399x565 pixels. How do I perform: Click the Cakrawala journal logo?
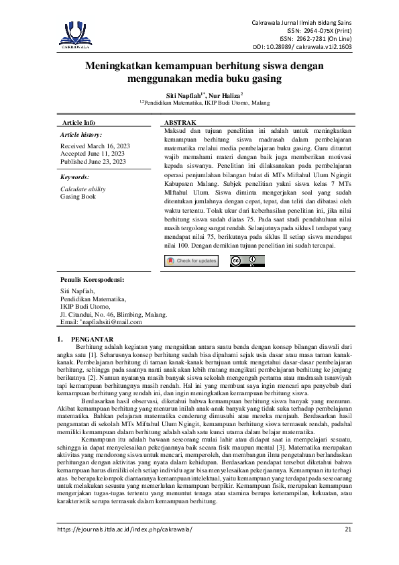[x=79, y=34]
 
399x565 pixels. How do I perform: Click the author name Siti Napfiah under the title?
[x=184, y=96]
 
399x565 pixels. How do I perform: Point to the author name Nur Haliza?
[x=226, y=96]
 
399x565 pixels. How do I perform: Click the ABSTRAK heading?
[x=180, y=123]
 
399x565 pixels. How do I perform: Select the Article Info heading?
[x=78, y=123]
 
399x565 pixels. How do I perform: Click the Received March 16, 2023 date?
[x=95, y=146]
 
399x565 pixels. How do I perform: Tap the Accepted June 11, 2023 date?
[x=93, y=154]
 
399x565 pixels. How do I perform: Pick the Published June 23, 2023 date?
[x=93, y=162]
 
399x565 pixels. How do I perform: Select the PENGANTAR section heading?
[x=92, y=338]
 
